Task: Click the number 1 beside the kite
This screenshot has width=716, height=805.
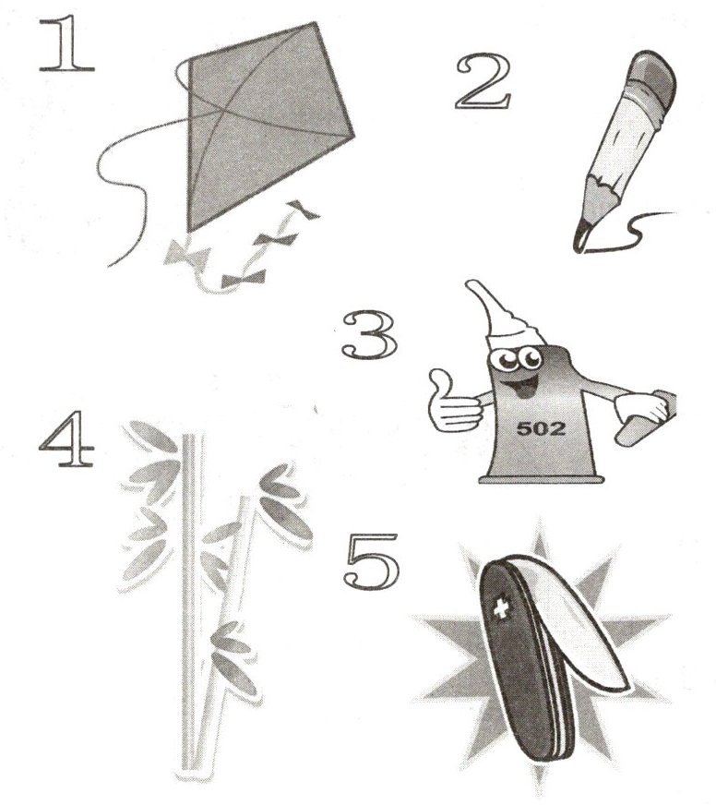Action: tap(66, 43)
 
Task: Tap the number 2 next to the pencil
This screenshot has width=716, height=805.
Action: tap(483, 82)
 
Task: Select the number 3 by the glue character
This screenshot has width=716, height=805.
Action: tap(370, 334)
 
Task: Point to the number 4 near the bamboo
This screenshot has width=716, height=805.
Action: tap(66, 438)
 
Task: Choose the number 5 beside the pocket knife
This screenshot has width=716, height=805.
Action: tap(371, 562)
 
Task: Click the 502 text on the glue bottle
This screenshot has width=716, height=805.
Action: tap(541, 428)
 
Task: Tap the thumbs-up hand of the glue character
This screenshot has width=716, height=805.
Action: tap(453, 403)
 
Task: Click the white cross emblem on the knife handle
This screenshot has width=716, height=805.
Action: tap(499, 609)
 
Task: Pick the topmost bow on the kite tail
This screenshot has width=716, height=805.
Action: tap(304, 210)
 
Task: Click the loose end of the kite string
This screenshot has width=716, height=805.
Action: tap(109, 266)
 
